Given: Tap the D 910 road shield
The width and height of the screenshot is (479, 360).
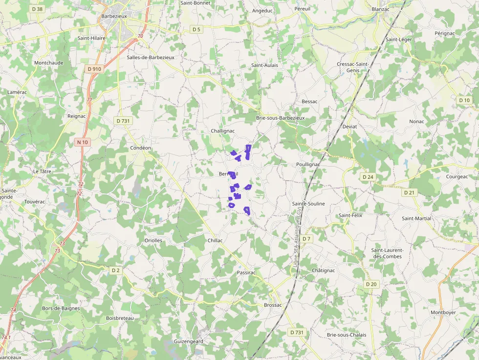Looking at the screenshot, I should point(94,69).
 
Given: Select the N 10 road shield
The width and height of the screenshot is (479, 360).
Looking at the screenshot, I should point(82,142).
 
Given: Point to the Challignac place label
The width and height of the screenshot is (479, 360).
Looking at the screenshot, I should point(222,131).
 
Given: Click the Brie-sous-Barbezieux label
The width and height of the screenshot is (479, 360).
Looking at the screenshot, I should point(280,118).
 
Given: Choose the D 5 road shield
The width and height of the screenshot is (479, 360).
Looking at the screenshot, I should point(196,30).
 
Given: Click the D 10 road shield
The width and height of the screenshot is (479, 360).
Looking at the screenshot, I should point(464,100).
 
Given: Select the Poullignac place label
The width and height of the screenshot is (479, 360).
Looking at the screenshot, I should point(308,165).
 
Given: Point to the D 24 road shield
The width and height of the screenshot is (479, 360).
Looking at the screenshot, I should point(368,176).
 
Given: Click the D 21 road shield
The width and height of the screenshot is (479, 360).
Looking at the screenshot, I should point(409,192).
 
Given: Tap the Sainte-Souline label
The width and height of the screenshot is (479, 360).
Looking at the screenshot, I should point(308,204).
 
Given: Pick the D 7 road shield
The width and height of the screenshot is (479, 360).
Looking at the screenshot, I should point(306,238).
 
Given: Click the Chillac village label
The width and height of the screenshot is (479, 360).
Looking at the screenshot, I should point(215,240).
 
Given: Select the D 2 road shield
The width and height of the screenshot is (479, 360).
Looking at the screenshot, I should point(116,270).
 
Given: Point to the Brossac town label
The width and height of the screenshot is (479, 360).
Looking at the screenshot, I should point(273,305).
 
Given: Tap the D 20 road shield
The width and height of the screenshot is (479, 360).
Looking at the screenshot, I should point(371,284).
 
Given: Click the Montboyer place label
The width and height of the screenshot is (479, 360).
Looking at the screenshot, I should point(443,313).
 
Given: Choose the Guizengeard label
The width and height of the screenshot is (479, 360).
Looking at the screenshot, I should point(188,341).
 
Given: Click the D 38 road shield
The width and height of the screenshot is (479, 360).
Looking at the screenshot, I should point(37,9).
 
